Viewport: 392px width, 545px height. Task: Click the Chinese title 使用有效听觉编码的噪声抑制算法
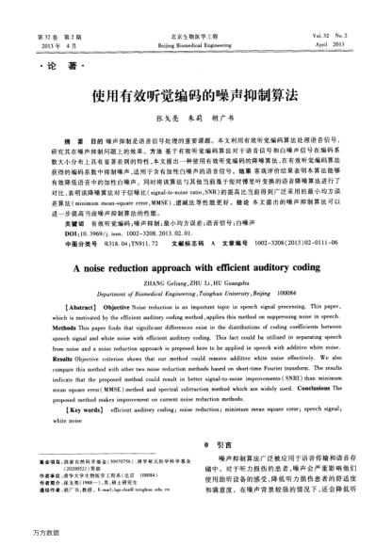(x=195, y=98)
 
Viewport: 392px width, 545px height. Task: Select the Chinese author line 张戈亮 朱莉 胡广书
(x=195, y=121)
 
